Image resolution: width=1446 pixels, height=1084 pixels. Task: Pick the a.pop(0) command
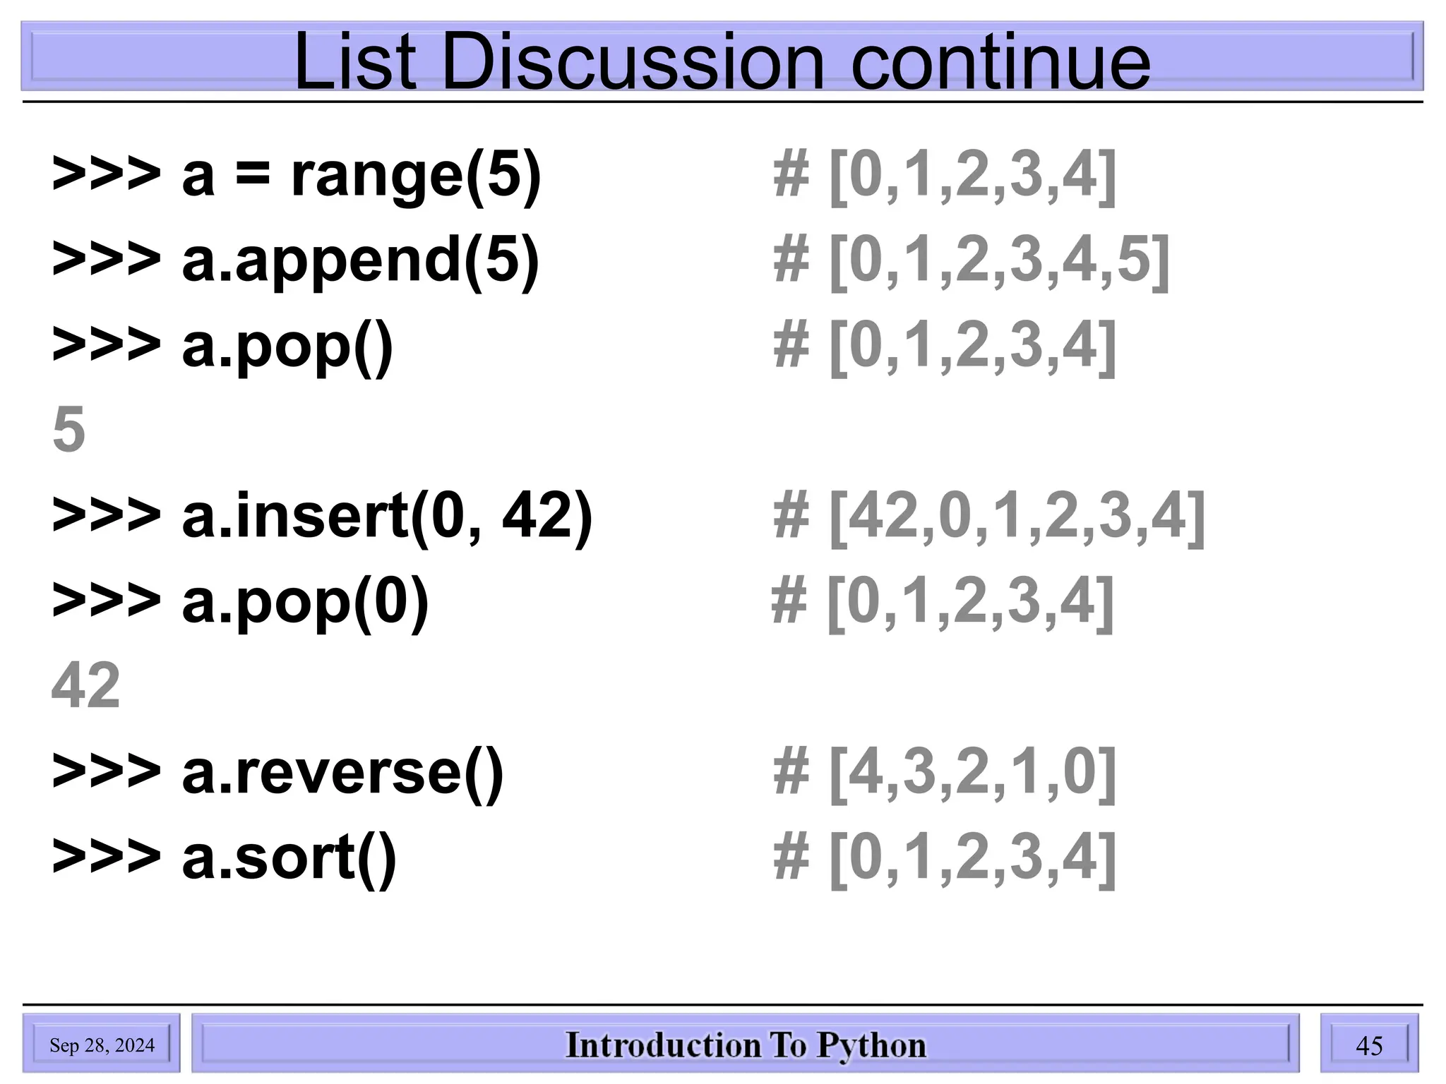[305, 601]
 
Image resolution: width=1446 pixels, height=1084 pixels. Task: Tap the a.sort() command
[289, 857]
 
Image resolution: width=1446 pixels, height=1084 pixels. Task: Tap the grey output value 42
[85, 685]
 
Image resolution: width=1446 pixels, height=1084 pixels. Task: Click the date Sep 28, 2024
[102, 1045]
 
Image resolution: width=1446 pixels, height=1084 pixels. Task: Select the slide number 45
[1369, 1045]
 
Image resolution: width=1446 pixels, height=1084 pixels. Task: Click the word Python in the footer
[871, 1045]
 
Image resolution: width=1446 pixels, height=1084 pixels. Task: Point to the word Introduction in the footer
[663, 1045]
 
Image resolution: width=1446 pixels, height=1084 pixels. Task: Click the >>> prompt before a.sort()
[106, 857]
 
